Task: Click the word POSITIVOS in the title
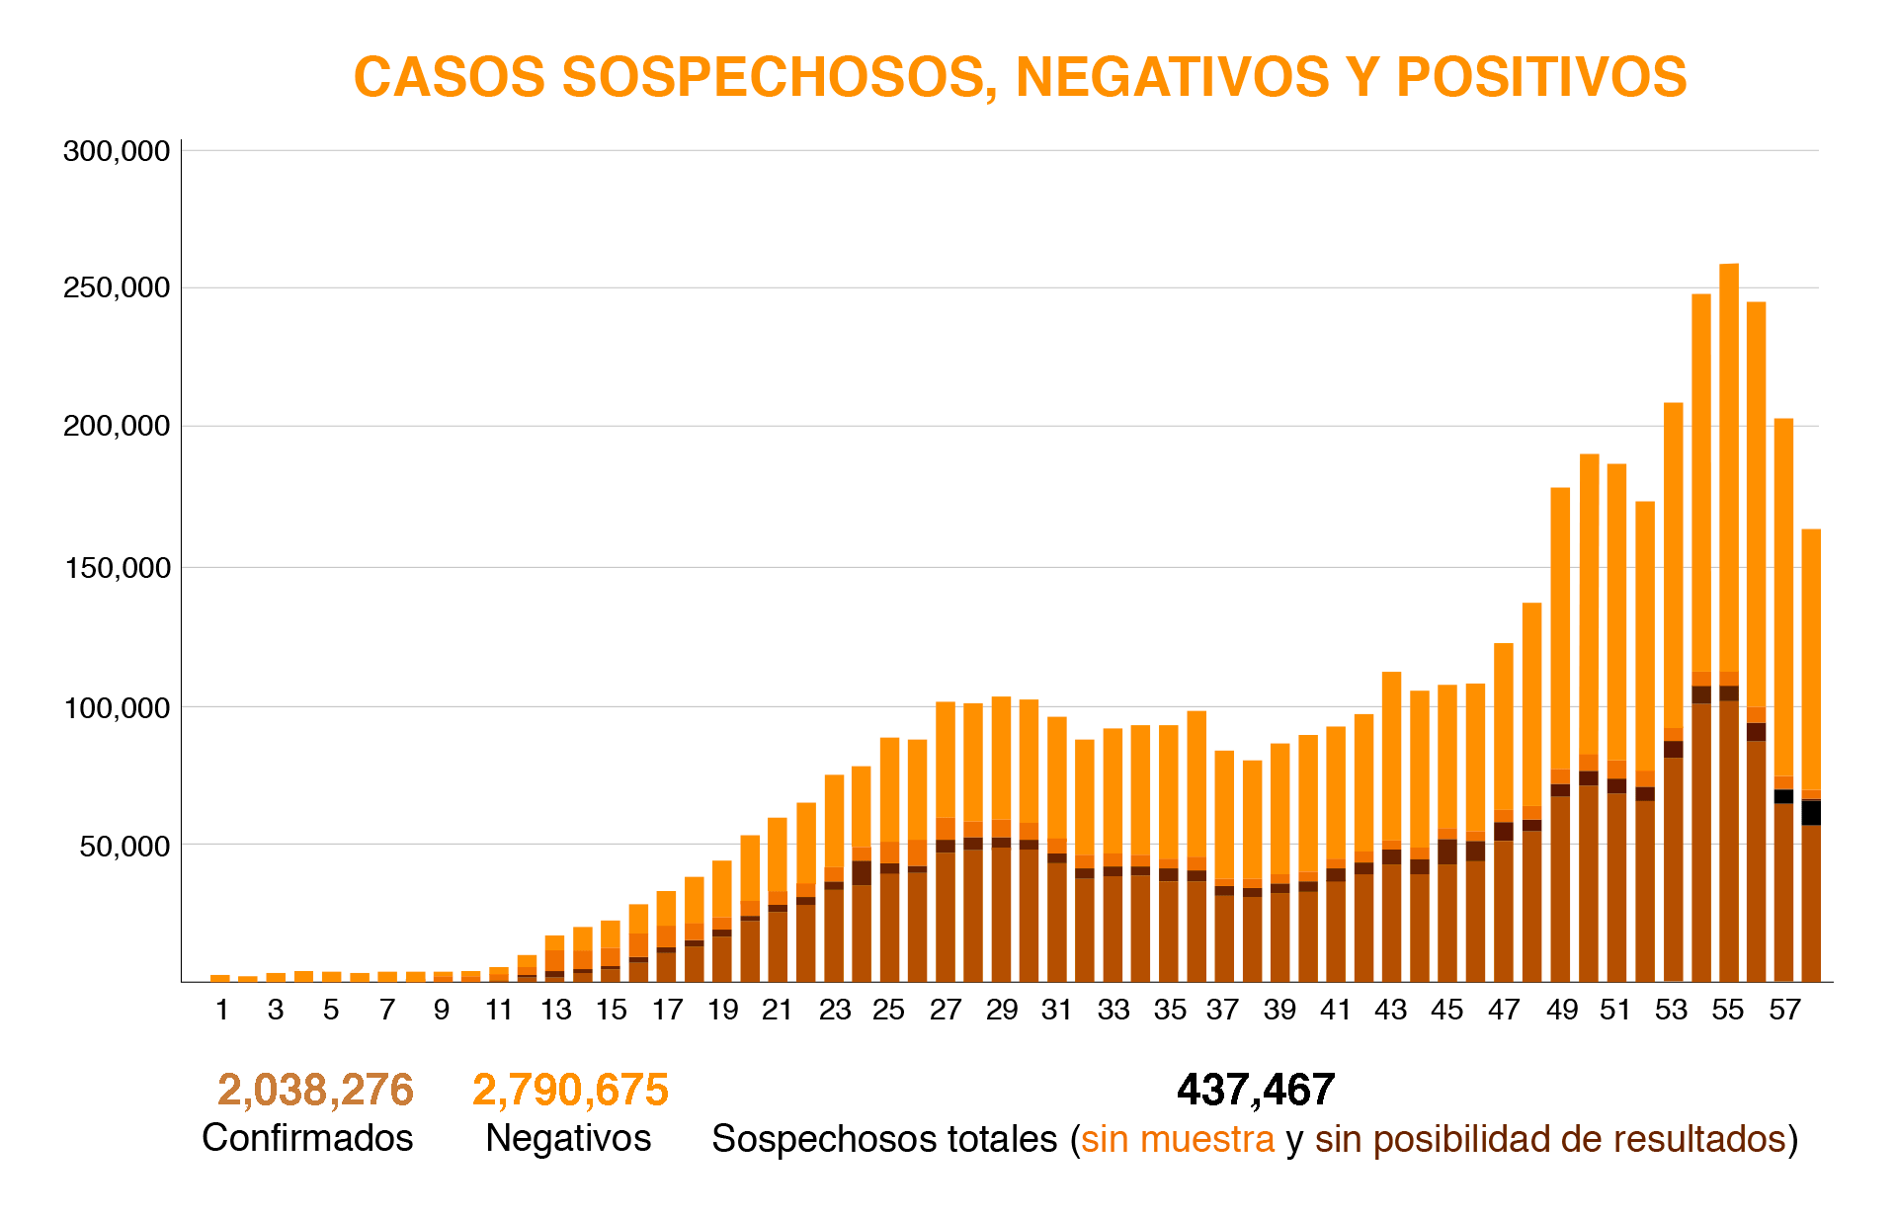[1540, 77]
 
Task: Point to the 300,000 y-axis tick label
[117, 151]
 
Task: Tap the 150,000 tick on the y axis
[117, 568]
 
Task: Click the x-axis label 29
[1001, 1010]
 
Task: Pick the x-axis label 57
[1784, 1010]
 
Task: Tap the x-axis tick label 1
[222, 1010]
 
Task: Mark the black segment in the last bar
[1811, 812]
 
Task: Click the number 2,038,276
[315, 1091]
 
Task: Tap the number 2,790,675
[570, 1091]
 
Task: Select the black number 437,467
[1256, 1091]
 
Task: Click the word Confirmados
[307, 1138]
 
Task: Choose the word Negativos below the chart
[568, 1138]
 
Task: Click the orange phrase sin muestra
[1177, 1139]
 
